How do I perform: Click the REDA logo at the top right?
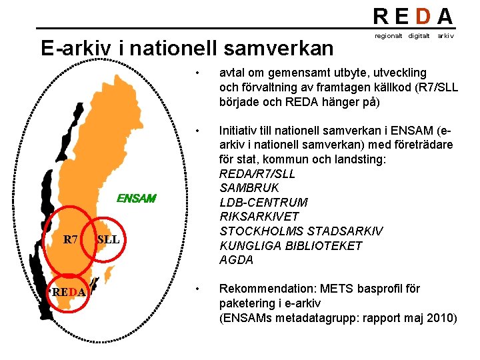[413, 16]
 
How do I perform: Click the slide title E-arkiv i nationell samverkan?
[187, 49]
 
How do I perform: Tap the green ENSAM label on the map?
[136, 198]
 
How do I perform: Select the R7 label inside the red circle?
[71, 239]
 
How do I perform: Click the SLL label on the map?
[108, 239]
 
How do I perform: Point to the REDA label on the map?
[69, 291]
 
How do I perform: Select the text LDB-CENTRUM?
[263, 203]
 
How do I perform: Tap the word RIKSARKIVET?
[259, 217]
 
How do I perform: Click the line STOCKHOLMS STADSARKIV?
[301, 231]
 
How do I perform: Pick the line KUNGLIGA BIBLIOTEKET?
[291, 246]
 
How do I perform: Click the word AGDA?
[237, 260]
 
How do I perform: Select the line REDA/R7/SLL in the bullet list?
[257, 174]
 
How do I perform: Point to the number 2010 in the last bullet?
[443, 318]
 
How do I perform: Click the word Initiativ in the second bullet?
[239, 131]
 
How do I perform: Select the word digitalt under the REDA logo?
[419, 35]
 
